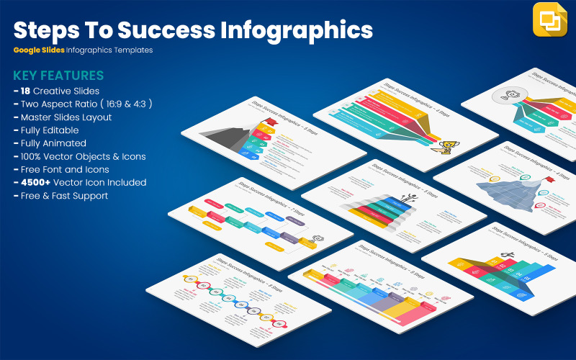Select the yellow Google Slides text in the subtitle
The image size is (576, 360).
38,50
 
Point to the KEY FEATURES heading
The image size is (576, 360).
58,76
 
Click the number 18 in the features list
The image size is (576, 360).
27,91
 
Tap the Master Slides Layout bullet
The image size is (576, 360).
66,117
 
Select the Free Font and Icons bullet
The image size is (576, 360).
62,169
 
